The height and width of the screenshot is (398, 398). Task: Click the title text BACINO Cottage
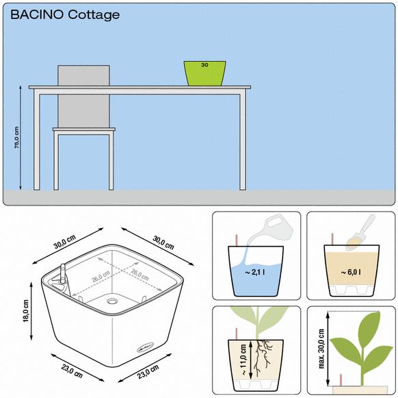point(65,15)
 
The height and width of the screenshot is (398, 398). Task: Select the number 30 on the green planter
point(204,65)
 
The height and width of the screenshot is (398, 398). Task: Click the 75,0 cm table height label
point(16,137)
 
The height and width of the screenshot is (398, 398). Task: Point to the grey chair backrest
point(83,97)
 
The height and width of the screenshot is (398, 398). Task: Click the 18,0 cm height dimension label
point(25,311)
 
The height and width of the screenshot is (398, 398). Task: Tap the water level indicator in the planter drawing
point(63,274)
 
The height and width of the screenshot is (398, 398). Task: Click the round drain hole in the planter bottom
point(111,301)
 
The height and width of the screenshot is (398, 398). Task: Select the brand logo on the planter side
point(146,347)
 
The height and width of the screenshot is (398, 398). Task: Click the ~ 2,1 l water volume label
point(255,273)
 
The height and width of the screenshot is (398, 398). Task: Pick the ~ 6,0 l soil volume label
point(351,273)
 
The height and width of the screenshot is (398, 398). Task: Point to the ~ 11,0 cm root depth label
point(243,360)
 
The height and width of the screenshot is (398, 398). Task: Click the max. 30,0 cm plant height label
point(321,349)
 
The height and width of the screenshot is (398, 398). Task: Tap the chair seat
point(84,129)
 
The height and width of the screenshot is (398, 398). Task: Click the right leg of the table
point(243,142)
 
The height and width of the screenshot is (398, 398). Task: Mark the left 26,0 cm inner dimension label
point(101,276)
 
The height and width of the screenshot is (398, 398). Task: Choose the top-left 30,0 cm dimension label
point(64,242)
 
